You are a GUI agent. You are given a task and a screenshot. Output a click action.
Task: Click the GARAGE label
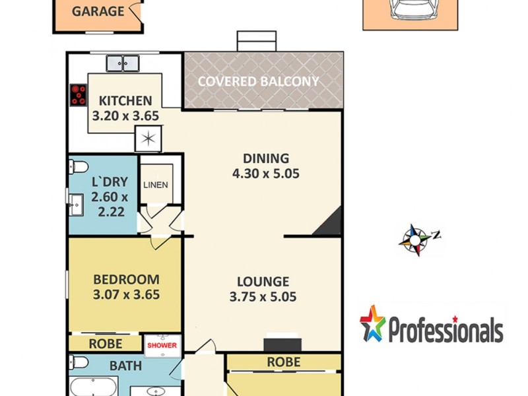point(98,11)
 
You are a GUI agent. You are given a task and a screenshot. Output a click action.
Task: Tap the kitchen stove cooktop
point(78,95)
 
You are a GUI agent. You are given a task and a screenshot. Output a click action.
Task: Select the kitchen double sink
point(123,63)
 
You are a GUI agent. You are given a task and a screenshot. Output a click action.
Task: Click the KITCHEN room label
point(125,101)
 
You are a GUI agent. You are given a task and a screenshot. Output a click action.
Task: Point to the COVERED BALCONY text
point(259,81)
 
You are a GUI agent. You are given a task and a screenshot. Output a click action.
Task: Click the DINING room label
point(266,158)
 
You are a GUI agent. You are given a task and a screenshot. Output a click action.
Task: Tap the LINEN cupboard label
point(156,185)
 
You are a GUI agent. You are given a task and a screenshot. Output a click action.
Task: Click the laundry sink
point(75,205)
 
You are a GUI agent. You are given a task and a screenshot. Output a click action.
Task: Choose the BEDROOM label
point(126,279)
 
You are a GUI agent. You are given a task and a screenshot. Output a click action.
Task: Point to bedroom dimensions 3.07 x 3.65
point(126,295)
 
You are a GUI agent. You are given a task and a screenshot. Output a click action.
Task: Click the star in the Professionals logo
point(373,323)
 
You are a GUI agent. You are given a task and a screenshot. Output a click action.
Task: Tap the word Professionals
point(445,329)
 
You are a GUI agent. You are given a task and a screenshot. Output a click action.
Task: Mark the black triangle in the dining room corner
point(330,222)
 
